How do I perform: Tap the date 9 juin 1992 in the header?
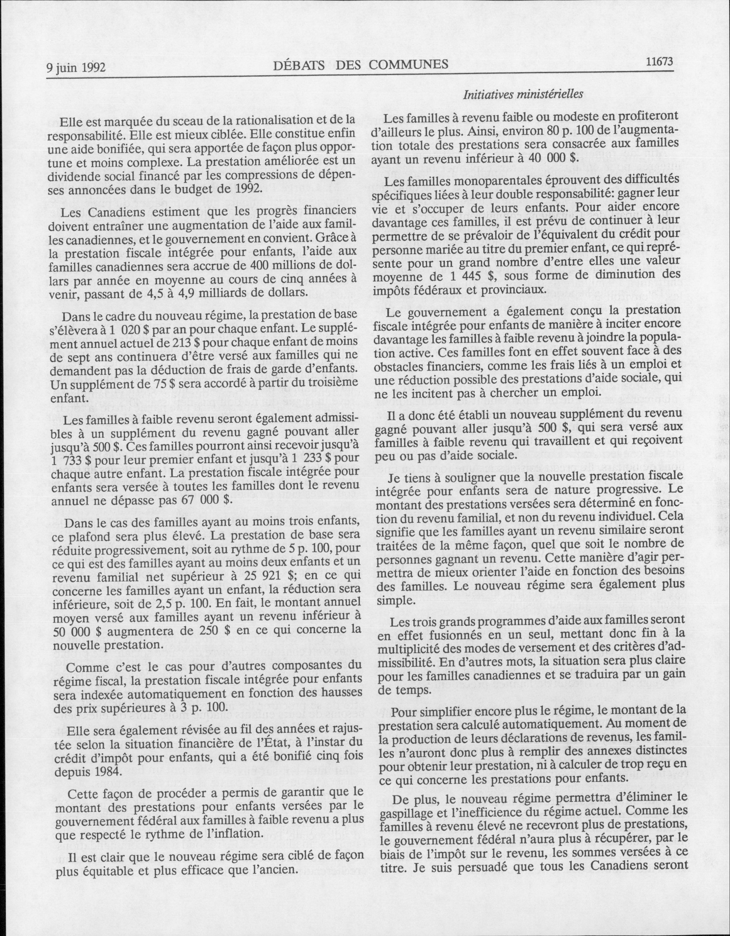76,67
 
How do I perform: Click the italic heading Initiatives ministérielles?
523,94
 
